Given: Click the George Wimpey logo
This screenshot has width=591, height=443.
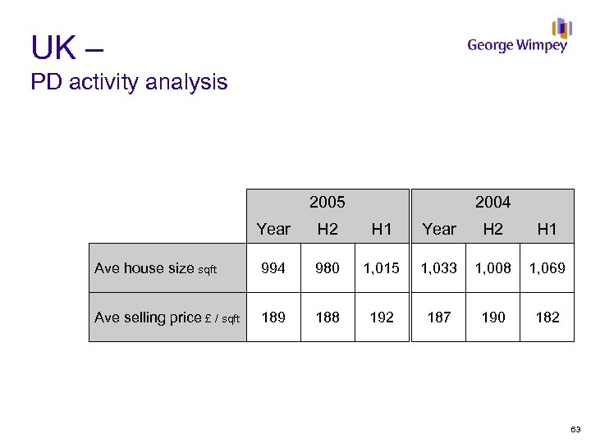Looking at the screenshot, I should coord(518,39).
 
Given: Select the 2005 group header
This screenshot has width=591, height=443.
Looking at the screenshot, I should coord(328,202).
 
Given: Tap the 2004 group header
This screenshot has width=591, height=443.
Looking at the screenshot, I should coord(492,202).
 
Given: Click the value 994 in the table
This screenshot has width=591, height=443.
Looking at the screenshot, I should coord(273,268).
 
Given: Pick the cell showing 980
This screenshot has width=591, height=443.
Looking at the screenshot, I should coord(328,268).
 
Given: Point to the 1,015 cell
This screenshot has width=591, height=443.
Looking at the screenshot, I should coord(382,268).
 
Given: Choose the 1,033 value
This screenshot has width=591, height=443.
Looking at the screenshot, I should coord(439,268).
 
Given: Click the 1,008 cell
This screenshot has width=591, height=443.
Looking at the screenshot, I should coord(492,268).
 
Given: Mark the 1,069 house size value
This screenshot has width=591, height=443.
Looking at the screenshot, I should coord(547,268).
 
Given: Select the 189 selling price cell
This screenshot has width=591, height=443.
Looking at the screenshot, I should coord(273,317).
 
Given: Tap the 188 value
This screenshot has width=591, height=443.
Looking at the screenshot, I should coord(328,317).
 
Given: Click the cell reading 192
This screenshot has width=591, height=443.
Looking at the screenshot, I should coord(382,317).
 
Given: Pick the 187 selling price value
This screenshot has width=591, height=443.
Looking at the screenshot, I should coord(439,317).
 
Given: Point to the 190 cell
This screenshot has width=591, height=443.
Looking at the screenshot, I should coord(492,317).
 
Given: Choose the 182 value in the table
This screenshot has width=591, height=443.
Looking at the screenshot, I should coord(547,317).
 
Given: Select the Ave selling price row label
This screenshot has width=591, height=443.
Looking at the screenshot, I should coord(167,317).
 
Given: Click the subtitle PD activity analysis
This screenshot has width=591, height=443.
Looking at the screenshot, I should coord(129,82).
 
